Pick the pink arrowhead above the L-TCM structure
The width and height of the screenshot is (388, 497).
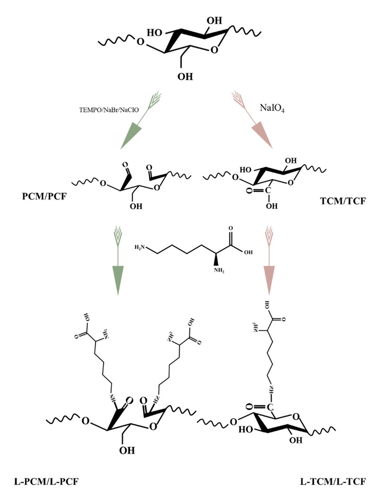[x=269, y=279]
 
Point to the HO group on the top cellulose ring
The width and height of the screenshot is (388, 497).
[x=155, y=33]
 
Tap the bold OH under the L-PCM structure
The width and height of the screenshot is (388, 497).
[x=126, y=451]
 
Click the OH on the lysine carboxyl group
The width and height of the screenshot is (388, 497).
[x=249, y=253]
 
